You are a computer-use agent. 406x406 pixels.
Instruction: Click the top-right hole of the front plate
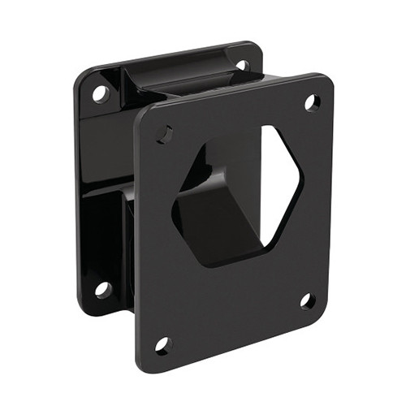click(x=311, y=102)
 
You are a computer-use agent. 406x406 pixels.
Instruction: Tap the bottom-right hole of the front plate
click(x=307, y=300)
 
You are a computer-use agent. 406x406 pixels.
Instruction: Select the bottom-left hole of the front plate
click(x=163, y=345)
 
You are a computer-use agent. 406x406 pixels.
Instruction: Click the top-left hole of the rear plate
click(x=101, y=93)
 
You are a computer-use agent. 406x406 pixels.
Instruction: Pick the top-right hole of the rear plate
click(x=242, y=64)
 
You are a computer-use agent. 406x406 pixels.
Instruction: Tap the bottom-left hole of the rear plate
click(x=102, y=288)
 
